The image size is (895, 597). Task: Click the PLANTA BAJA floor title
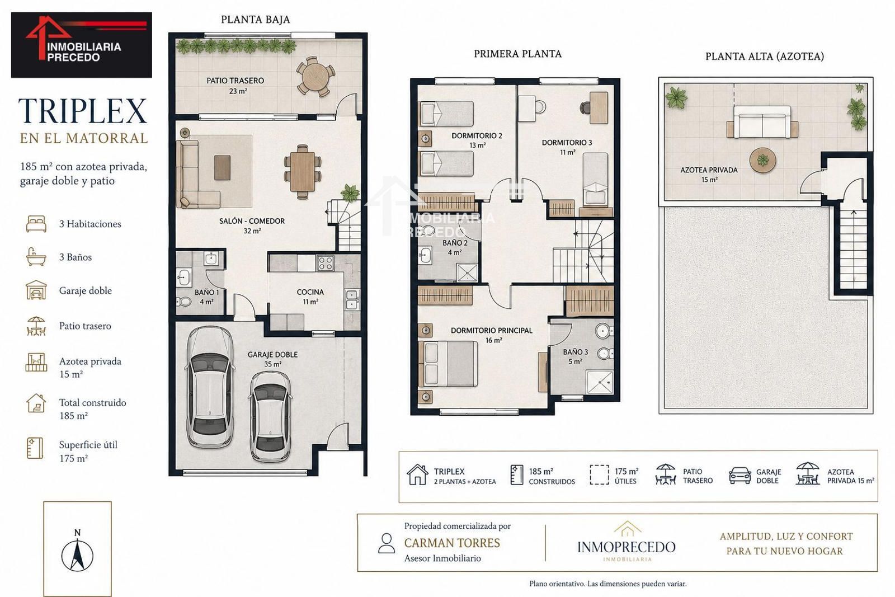pos(255,20)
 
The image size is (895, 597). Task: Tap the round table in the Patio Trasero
pos(315,76)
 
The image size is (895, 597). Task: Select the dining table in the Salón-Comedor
pos(303,171)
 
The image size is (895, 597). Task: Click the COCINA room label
pos(310,292)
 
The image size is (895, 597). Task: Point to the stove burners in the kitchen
pos(325,264)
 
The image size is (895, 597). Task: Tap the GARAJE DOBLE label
pos(272,354)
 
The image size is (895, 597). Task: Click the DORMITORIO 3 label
pos(567,143)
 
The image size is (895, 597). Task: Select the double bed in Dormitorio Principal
pos(447,364)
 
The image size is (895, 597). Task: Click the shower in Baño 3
pos(599,382)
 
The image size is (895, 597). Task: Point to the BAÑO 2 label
pos(455,243)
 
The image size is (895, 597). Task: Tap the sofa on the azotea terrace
pos(762,123)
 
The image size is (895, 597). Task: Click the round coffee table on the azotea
pos(763,161)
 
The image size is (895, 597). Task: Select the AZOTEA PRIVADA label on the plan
pos(709,170)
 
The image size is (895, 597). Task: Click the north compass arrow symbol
pos(77,554)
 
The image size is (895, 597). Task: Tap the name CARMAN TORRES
pos(452,543)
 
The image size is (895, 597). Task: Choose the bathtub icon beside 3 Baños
pos(36,257)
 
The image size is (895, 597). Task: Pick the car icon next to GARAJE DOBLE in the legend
pos(739,476)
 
